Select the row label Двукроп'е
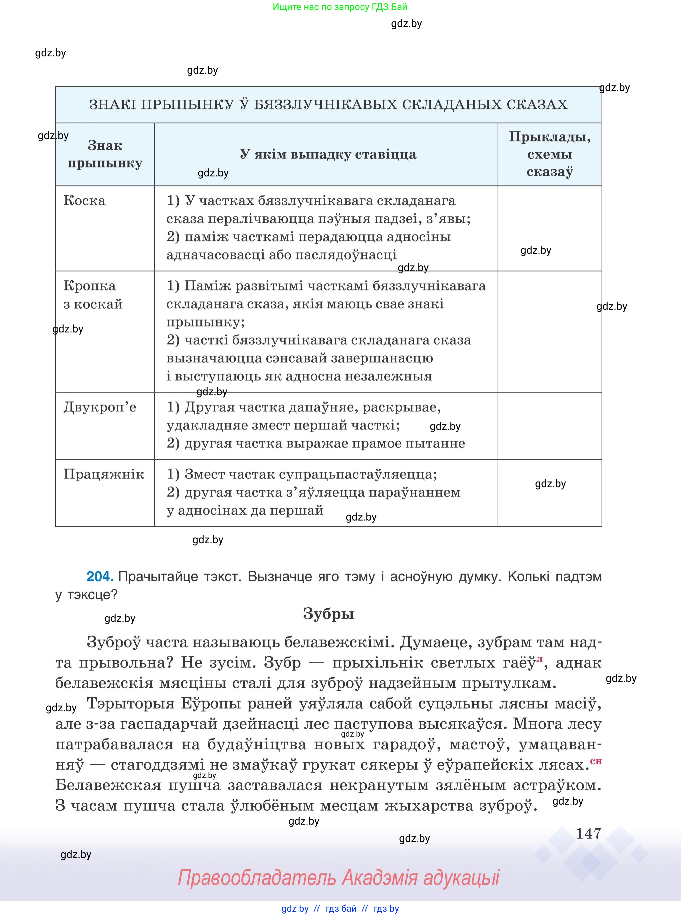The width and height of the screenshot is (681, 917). click(x=100, y=407)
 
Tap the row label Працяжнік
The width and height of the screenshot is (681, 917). click(x=103, y=474)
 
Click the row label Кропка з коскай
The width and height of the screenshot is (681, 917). click(x=93, y=295)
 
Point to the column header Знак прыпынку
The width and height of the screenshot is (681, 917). click(x=105, y=154)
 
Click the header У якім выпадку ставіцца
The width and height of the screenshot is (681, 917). click(x=328, y=154)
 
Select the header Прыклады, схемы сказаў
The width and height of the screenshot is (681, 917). click(x=549, y=154)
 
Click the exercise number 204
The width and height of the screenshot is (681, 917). click(x=99, y=577)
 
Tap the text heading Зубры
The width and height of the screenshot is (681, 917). click(x=329, y=614)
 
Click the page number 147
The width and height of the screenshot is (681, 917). click(x=588, y=834)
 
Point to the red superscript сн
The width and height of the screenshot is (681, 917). click(x=596, y=762)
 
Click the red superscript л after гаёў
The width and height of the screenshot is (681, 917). click(x=540, y=659)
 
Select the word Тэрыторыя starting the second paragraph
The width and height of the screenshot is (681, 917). click(x=131, y=704)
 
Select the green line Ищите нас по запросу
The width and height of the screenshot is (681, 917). click(x=340, y=7)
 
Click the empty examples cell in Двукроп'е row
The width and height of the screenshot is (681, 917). click(x=549, y=425)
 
